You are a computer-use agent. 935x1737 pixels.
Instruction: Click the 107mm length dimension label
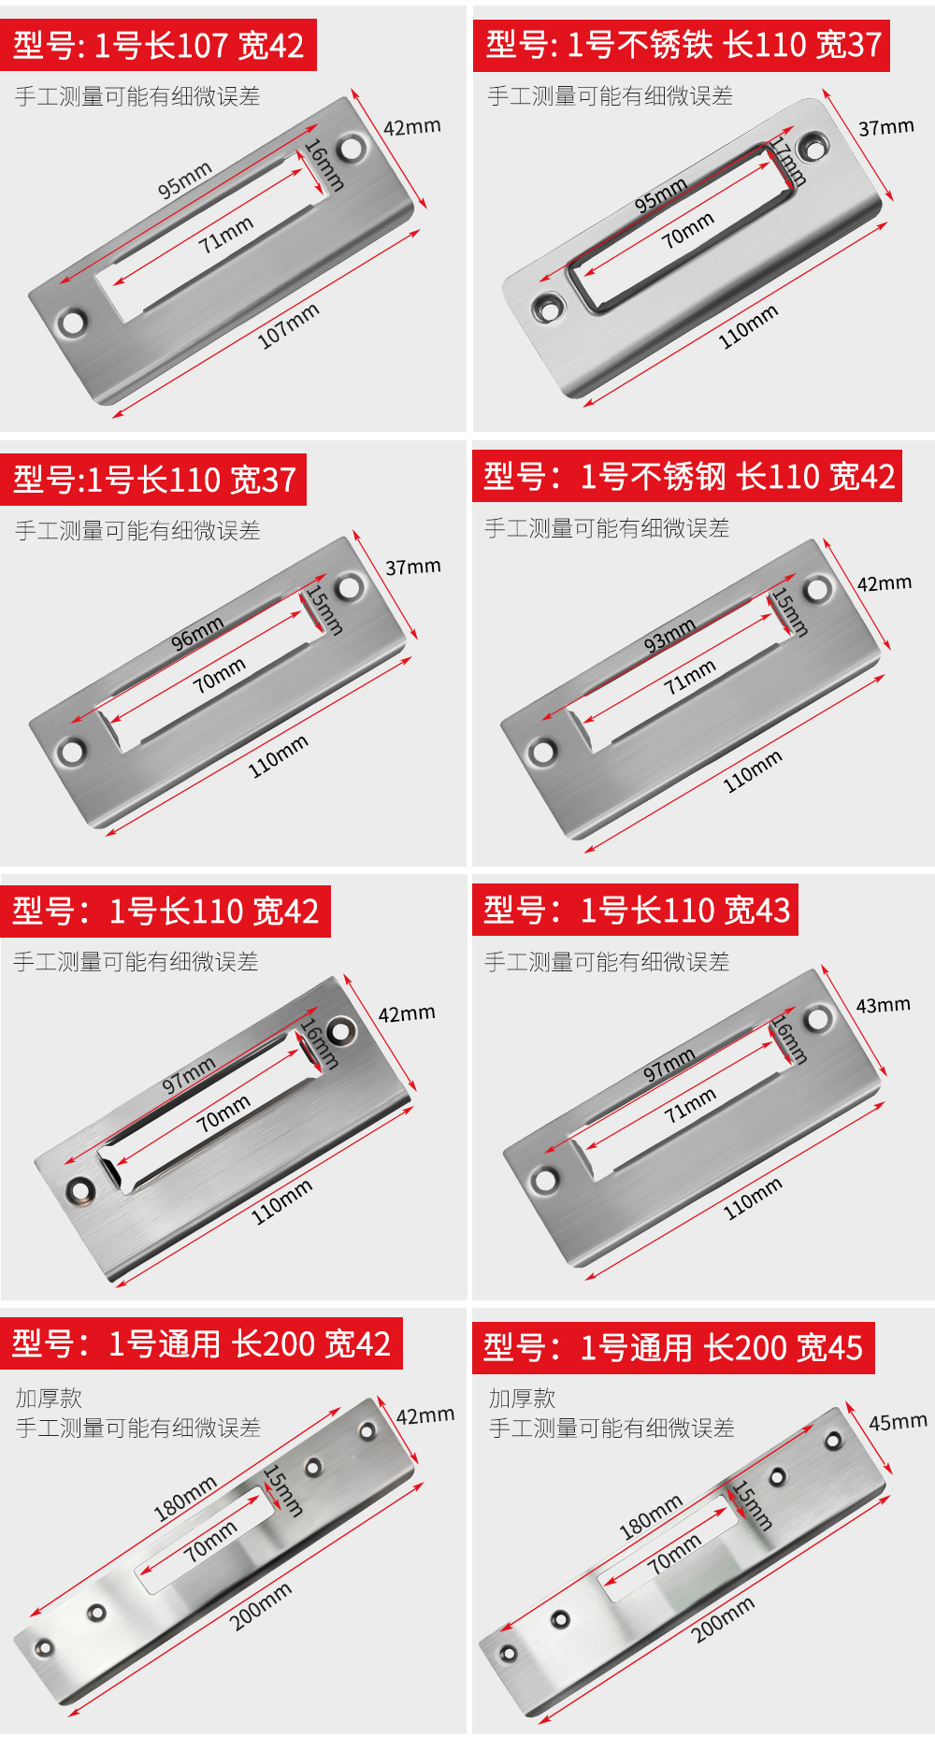289,324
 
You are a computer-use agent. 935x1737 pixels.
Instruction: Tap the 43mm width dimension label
883,1005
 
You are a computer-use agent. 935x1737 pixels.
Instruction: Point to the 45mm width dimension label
898,1422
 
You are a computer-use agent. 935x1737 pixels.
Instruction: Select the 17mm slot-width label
786,162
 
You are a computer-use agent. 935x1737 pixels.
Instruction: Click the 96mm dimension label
196,633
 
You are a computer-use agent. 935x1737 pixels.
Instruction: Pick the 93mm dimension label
669,635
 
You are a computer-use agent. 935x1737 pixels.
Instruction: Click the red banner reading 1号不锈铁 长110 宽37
682,45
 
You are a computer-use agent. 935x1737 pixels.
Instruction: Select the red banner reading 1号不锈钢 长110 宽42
687,477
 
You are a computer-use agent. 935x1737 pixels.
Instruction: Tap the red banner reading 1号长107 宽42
158,45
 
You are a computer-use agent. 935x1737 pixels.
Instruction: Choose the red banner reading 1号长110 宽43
636,910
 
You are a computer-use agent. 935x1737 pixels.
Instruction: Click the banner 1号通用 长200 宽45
673,1348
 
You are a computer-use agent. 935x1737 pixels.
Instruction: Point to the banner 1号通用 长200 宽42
201,1343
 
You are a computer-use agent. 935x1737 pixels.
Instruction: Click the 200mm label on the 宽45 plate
723,1620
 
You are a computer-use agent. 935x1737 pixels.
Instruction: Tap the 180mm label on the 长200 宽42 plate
185,1497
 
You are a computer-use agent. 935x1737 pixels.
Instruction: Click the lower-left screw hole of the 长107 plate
71,323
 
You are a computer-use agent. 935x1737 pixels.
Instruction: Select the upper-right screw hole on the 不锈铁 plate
813,147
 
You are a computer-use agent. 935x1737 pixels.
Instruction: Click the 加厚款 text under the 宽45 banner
522,1399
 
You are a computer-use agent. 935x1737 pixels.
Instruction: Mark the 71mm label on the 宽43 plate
690,1105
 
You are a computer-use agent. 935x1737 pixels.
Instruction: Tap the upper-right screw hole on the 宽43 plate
818,1019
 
